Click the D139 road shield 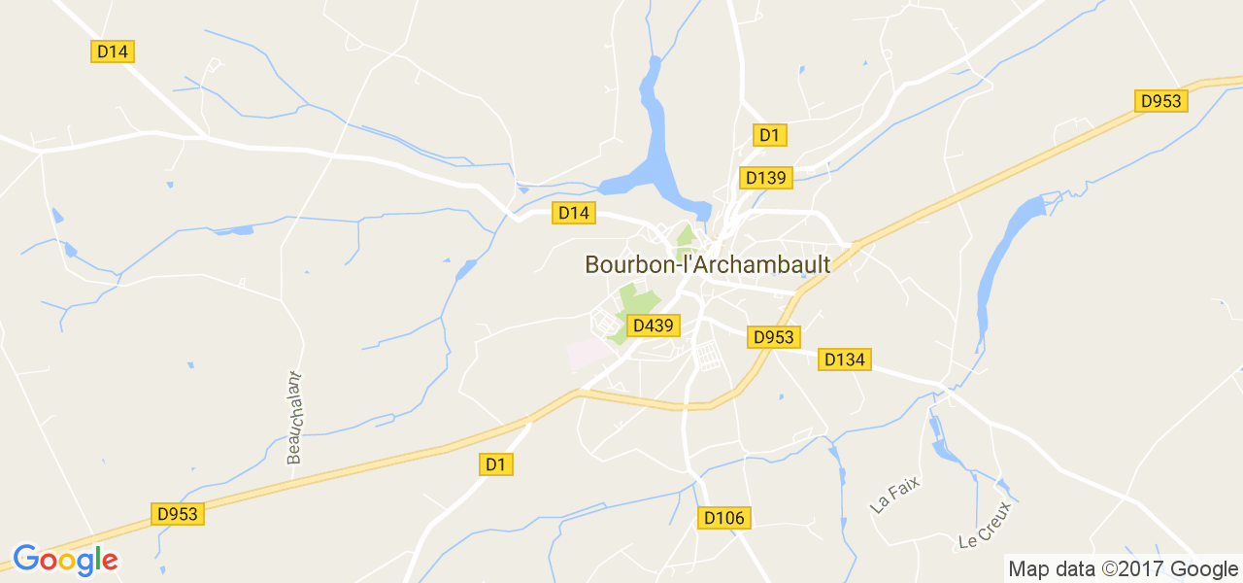[x=766, y=178]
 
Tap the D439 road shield [x=652, y=326]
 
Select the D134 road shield [x=844, y=360]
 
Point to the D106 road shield [x=724, y=518]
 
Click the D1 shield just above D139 [x=770, y=135]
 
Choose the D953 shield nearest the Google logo [x=179, y=514]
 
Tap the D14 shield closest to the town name [x=574, y=213]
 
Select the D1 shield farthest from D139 [x=496, y=464]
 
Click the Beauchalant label [x=295, y=418]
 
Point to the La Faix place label [x=894, y=495]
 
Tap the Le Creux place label [x=985, y=524]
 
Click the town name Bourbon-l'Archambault [x=707, y=264]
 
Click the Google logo [x=65, y=560]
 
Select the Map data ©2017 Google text [x=1123, y=568]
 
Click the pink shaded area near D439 [x=586, y=353]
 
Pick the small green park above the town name [x=687, y=235]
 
